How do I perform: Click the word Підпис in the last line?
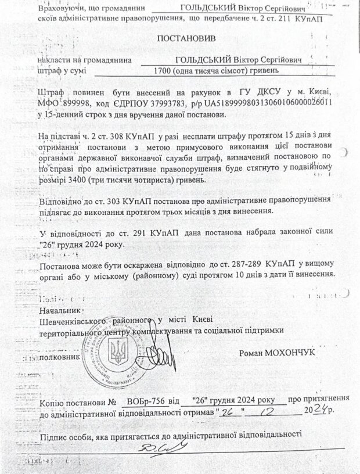click(x=54, y=433)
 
